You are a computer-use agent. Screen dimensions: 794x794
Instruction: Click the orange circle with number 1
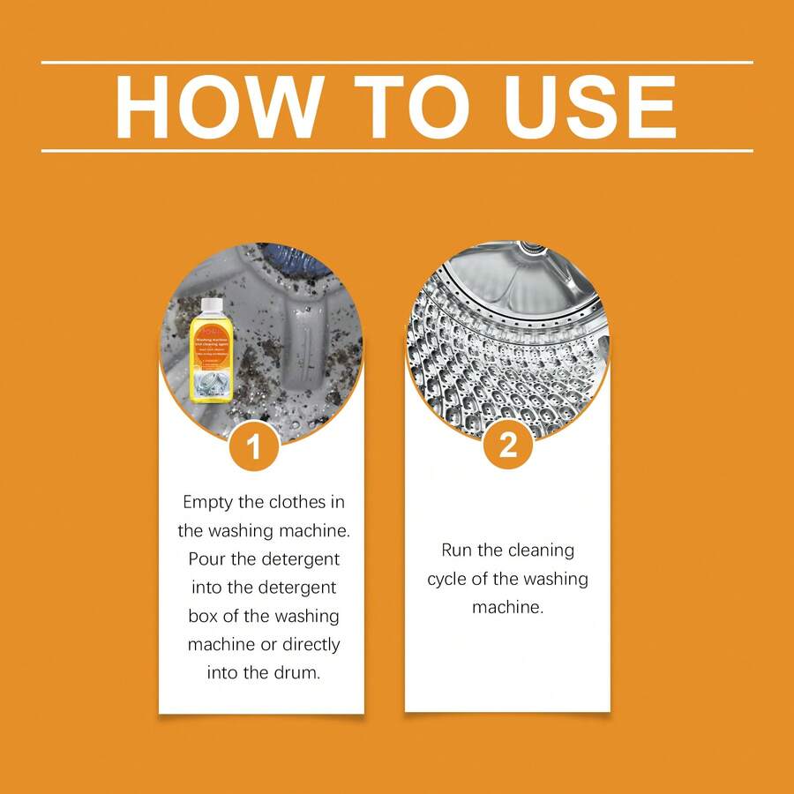[254, 447]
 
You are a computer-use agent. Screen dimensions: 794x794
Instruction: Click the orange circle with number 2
[508, 446]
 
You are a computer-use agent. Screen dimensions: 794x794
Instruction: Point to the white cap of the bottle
[212, 305]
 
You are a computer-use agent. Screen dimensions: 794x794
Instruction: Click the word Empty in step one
[208, 501]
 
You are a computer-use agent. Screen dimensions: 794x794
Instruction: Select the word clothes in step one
[300, 501]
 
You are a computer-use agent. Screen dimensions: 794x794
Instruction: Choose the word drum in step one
[296, 672]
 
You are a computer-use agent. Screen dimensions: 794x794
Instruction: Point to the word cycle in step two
[450, 580]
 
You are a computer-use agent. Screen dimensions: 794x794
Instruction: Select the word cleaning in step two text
[539, 551]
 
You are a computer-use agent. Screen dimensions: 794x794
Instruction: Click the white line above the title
[397, 63]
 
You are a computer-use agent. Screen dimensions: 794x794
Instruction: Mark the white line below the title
[397, 151]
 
